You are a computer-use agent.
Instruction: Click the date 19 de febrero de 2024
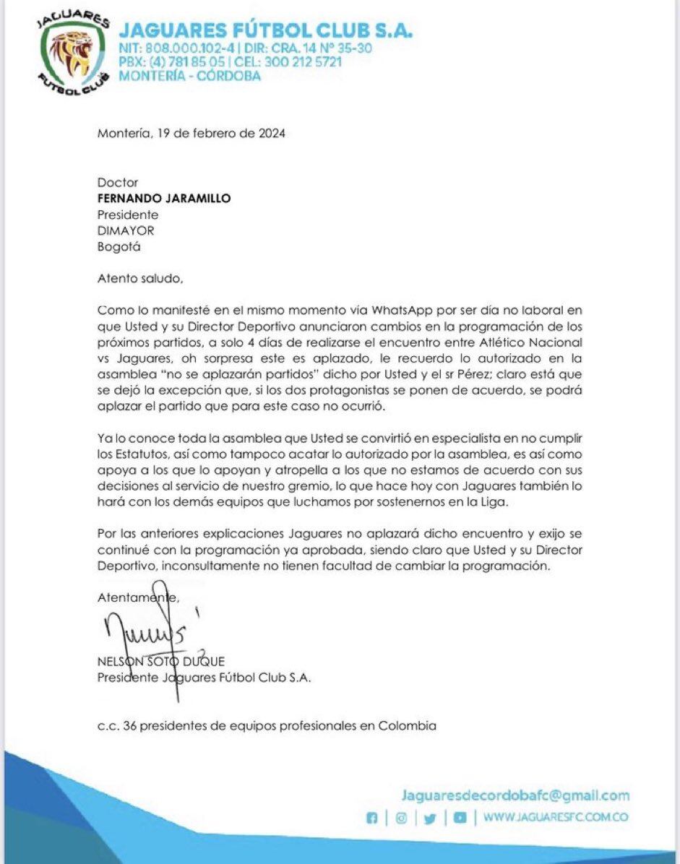tap(225, 133)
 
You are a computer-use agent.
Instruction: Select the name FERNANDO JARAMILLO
tap(164, 199)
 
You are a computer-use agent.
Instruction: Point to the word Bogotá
tap(119, 246)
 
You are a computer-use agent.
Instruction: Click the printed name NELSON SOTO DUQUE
tap(160, 661)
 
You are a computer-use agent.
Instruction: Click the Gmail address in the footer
tap(515, 795)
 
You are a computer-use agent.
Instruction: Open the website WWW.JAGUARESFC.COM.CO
tap(555, 817)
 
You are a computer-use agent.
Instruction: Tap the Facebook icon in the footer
tap(373, 818)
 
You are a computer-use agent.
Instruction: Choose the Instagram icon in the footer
tap(400, 818)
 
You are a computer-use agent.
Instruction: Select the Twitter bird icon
tap(430, 818)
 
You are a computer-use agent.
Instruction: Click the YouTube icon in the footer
tap(459, 818)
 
